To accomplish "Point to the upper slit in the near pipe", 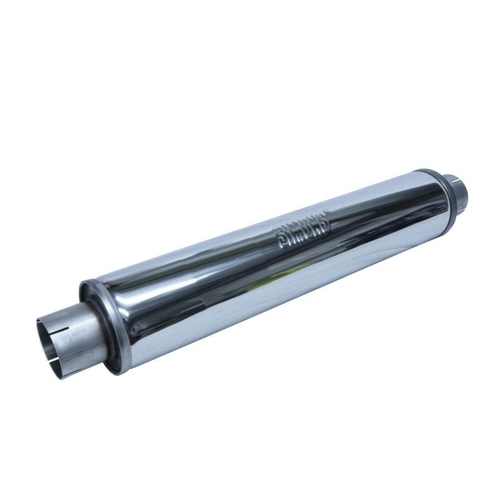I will tap(62, 314).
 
